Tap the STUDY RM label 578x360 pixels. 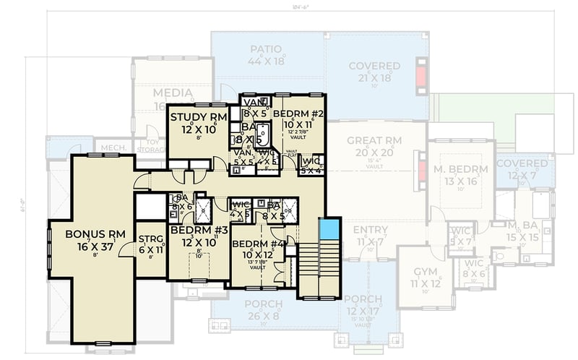tap(198, 117)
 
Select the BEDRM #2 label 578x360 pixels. tap(298, 114)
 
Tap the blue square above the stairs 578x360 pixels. tap(329, 231)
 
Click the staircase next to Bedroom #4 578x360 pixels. tap(318, 270)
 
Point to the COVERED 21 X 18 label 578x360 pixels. tap(374, 66)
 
